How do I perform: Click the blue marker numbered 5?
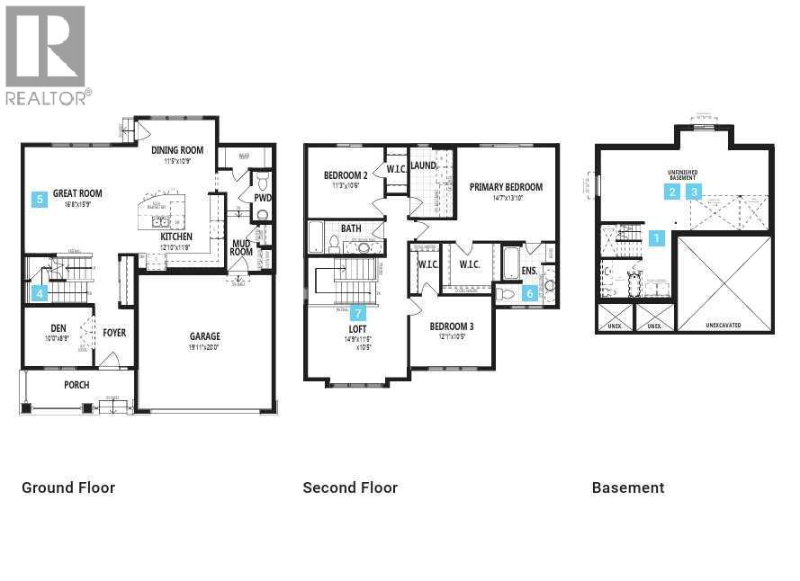point(39,200)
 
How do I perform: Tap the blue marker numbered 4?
point(39,292)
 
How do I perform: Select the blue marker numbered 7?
point(358,313)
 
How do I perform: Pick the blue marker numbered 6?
point(530,292)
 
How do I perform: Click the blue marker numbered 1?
point(657,238)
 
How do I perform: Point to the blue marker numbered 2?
point(672,192)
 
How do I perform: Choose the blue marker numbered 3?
point(694,192)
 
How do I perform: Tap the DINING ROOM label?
point(177,150)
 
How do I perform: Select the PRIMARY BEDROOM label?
point(506,187)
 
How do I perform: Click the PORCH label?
point(76,385)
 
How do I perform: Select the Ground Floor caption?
point(68,487)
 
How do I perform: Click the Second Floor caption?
point(350,487)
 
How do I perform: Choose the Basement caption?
point(628,487)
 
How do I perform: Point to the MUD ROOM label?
point(241,247)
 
